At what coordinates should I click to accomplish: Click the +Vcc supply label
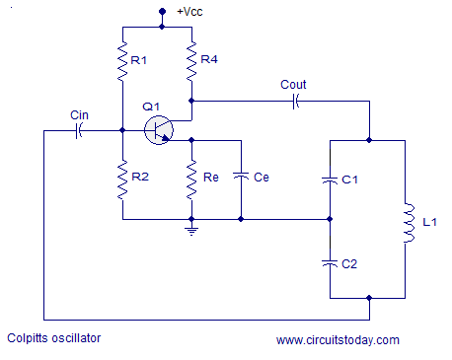point(191,12)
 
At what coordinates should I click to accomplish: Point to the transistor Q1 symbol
point(159,129)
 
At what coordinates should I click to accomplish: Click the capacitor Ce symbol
point(241,178)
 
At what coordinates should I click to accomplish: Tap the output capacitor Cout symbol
point(293,101)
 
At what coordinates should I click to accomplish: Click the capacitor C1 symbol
point(328,180)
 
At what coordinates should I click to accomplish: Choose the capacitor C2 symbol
point(328,263)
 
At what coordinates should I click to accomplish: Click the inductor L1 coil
point(405,222)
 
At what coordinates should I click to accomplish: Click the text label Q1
point(150,106)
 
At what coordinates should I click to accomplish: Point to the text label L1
point(428,223)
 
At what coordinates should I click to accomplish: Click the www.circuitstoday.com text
point(338,340)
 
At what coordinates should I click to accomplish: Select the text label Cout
point(293,85)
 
